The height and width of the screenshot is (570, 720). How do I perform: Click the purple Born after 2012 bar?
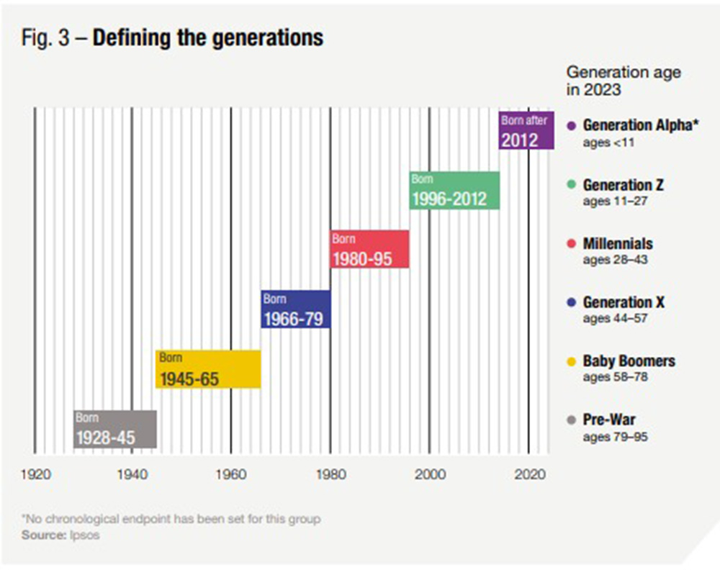click(x=526, y=130)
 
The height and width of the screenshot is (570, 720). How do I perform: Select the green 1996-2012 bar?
click(x=454, y=191)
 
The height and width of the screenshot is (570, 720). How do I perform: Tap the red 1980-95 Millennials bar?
click(x=369, y=249)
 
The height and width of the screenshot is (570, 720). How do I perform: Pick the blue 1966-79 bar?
click(x=296, y=309)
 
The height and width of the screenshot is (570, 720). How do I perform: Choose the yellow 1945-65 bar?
click(x=208, y=369)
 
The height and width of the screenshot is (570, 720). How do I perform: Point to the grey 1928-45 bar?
click(x=114, y=429)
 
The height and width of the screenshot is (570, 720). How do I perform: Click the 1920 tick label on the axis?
click(x=35, y=474)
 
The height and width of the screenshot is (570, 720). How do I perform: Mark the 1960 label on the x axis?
click(x=230, y=474)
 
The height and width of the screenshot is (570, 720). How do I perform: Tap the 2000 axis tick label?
click(x=430, y=474)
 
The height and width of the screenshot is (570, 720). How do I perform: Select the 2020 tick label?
click(x=529, y=474)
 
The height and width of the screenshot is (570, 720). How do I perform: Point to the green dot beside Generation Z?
click(x=571, y=185)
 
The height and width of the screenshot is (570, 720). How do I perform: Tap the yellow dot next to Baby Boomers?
click(x=571, y=361)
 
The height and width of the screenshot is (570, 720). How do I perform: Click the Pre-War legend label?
click(x=609, y=420)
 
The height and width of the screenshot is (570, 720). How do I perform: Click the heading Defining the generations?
click(x=208, y=37)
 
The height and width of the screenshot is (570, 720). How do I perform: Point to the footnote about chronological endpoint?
click(x=171, y=519)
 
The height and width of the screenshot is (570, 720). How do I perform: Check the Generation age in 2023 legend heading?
click(x=624, y=81)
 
